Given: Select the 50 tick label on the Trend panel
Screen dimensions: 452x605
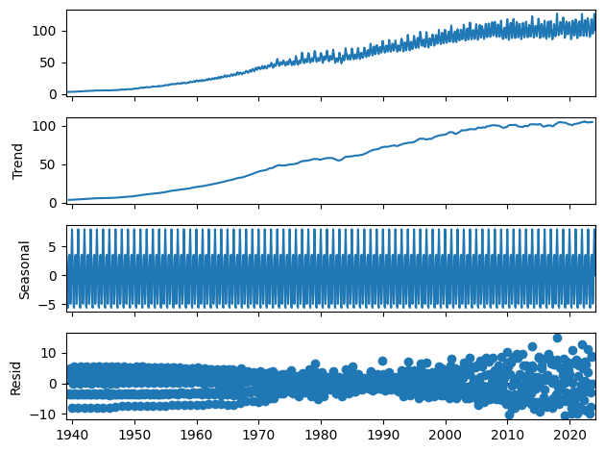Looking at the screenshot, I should point(51,164).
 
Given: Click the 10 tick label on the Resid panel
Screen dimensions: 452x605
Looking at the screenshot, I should point(51,353).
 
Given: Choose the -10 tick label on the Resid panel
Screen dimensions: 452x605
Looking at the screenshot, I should point(47,414).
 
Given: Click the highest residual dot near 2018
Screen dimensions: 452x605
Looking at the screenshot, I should point(557,339).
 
